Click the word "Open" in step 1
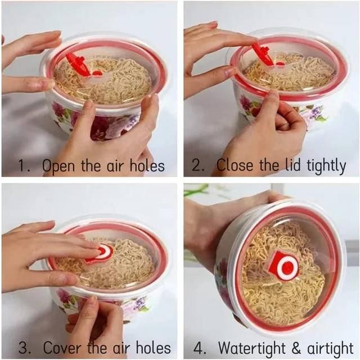pos(58,166)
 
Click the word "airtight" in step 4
pos(330,348)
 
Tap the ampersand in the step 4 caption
pos(296,348)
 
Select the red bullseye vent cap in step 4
pos(283,266)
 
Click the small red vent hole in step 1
pos(97,74)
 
